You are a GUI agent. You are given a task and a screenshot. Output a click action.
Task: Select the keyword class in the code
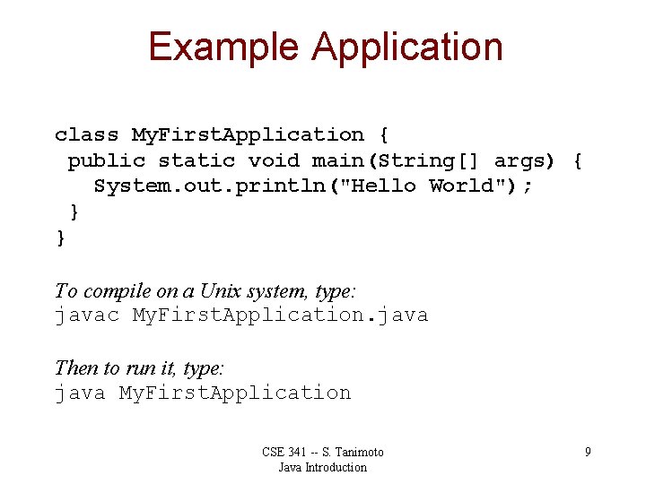[86, 134]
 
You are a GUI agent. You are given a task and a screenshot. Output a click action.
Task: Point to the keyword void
[274, 160]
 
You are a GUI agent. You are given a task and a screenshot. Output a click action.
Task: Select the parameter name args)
[525, 161]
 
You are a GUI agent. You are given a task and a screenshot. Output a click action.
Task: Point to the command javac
[86, 315]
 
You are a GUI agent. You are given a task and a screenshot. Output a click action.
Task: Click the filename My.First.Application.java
[280, 315]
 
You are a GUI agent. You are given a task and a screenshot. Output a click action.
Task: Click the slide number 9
[588, 452]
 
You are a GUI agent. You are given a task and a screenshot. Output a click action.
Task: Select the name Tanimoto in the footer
[359, 452]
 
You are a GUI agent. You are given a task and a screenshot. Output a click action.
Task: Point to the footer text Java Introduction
[322, 467]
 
